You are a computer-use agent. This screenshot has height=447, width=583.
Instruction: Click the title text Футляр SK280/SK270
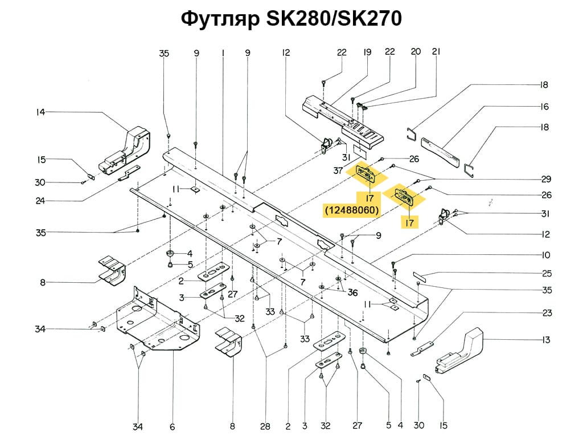pyautogui.click(x=291, y=19)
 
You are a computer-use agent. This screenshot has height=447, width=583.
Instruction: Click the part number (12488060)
pyautogui.click(x=352, y=210)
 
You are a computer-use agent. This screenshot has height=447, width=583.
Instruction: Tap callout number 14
pyautogui.click(x=40, y=112)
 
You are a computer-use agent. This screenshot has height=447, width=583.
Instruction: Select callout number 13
pyautogui.click(x=546, y=340)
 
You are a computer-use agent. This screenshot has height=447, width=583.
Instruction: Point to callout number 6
pyautogui.click(x=172, y=426)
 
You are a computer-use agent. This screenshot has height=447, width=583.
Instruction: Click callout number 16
pyautogui.click(x=544, y=107)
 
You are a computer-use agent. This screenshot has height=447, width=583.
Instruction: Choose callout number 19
pyautogui.click(x=367, y=52)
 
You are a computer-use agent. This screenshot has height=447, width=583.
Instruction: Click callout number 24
pyautogui.click(x=40, y=200)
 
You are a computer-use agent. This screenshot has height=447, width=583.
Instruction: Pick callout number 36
pyautogui.click(x=353, y=292)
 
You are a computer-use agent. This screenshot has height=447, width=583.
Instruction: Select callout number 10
pyautogui.click(x=546, y=254)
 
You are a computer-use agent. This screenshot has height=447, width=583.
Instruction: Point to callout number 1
pyautogui.click(x=223, y=53)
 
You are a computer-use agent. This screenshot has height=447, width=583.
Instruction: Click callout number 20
pyautogui.click(x=416, y=52)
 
